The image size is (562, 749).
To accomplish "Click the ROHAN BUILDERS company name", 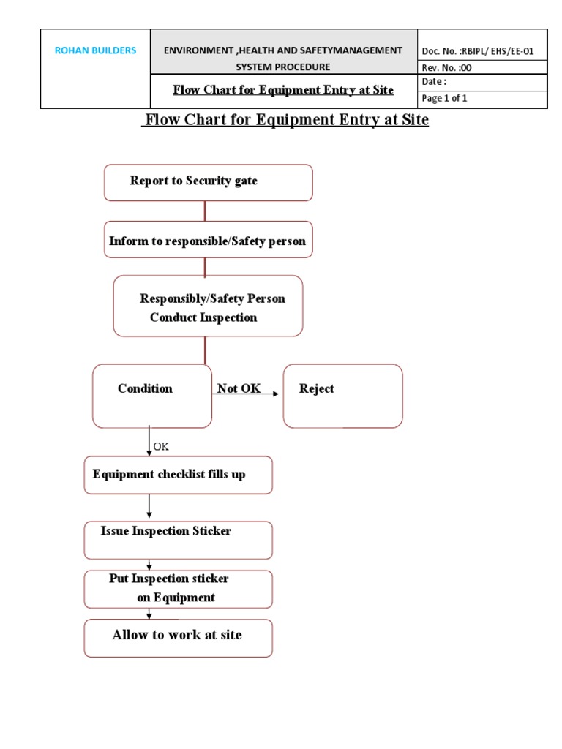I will coord(95,50).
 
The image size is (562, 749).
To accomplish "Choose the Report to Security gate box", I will coord(208,182).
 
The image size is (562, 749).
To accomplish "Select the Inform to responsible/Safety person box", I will coord(208,241).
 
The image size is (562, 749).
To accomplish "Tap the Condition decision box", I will coord(152,396).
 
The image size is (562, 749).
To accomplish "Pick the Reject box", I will coord(342,396).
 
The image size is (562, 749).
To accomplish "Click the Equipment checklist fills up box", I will coord(179,475).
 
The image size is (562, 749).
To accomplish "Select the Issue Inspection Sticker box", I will coord(179,540).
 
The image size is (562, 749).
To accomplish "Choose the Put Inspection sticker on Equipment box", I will coord(179,589).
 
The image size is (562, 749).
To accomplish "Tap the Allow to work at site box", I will coord(179,638).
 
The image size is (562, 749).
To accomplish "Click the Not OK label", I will coord(239,388).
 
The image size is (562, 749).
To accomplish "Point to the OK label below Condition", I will coord(161,446).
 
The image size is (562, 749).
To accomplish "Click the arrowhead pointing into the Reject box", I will coord(276,394).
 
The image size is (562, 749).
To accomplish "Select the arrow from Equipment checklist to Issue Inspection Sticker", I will coord(149,507).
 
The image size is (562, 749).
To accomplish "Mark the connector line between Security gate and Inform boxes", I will coord(205,211).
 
